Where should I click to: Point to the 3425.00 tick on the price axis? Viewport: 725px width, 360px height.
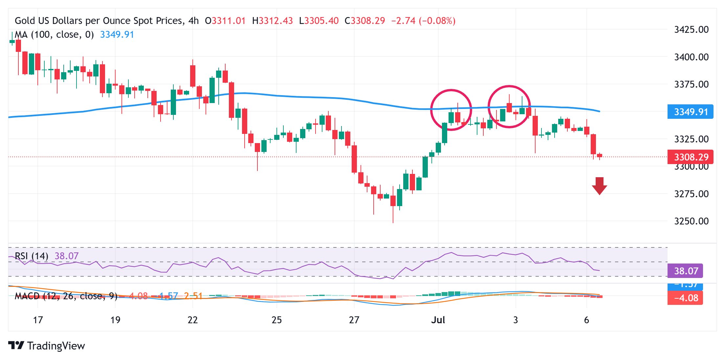pyautogui.click(x=691, y=30)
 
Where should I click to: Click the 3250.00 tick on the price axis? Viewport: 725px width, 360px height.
pyautogui.click(x=691, y=221)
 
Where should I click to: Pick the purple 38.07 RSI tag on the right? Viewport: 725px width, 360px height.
pyautogui.click(x=686, y=271)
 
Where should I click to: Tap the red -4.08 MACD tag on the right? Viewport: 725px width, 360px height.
pyautogui.click(x=686, y=298)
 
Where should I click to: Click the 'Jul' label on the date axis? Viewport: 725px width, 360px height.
pyautogui.click(x=438, y=320)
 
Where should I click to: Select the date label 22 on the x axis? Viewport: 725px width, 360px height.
pyautogui.click(x=192, y=320)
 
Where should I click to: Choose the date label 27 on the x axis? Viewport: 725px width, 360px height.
pyautogui.click(x=354, y=320)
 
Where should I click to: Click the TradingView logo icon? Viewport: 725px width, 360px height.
pyautogui.click(x=16, y=346)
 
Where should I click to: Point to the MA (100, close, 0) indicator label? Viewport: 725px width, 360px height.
pyautogui.click(x=55, y=34)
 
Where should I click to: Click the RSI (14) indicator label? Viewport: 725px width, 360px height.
pyautogui.click(x=32, y=256)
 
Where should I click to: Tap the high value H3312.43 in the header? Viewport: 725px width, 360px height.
pyautogui.click(x=272, y=21)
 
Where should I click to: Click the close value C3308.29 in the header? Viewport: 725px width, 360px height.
pyautogui.click(x=364, y=21)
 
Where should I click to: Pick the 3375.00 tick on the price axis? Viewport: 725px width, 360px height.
pyautogui.click(x=691, y=84)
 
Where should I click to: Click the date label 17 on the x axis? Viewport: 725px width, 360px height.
pyautogui.click(x=38, y=320)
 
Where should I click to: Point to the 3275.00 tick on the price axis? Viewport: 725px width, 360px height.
pyautogui.click(x=691, y=194)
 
